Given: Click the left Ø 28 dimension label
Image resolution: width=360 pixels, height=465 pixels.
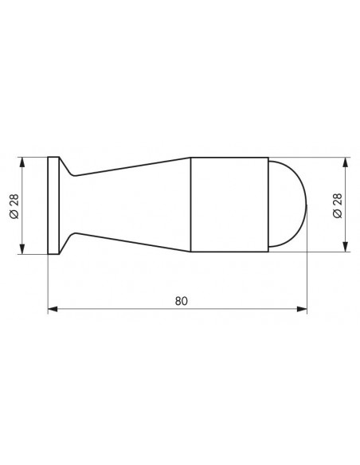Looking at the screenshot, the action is [14, 205].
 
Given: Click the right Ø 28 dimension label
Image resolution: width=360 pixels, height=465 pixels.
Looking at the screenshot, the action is [338, 205].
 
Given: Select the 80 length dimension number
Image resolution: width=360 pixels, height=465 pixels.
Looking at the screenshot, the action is [181, 301].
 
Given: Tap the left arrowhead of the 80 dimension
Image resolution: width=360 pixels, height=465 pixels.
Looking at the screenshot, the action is [53, 309].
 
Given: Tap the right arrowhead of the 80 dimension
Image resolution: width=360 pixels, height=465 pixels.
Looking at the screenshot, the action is [302, 309].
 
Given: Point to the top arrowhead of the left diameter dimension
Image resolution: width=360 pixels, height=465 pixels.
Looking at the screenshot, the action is [22, 162].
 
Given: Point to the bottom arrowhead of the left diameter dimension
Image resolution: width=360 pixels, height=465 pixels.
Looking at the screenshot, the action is [22, 248].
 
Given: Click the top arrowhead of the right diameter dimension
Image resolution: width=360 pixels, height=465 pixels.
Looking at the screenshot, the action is [345, 162].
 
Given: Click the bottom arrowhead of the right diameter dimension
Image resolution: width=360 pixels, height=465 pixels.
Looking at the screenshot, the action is [345, 247].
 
